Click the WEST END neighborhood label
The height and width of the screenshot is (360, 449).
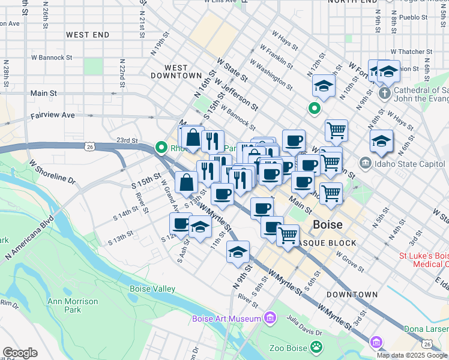click(88, 35)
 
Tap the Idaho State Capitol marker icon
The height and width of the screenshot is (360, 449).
click(365, 163)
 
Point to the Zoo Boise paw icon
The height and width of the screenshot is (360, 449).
click(315, 347)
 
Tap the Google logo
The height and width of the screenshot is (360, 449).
click(20, 353)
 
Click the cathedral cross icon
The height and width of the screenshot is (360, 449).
click(385, 93)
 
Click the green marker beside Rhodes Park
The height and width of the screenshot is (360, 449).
click(161, 147)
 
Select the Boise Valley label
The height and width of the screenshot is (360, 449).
click(152, 289)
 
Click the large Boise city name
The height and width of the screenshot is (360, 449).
click(328, 225)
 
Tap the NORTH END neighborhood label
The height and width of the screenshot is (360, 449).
click(352, 2)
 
